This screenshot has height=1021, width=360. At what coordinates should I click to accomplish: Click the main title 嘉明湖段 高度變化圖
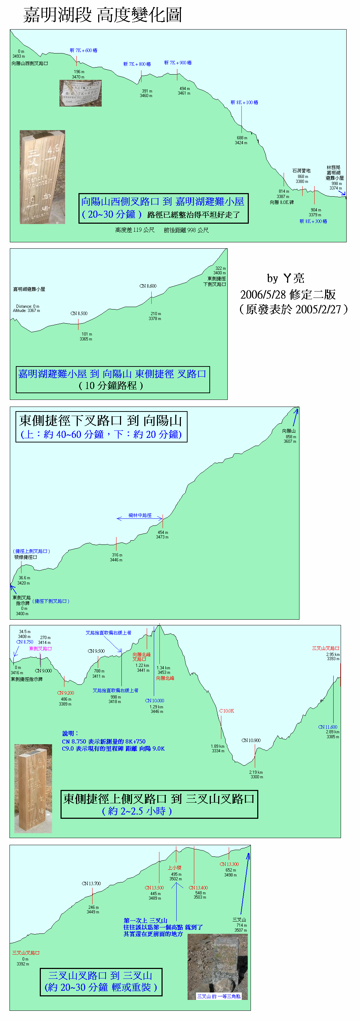[102, 15]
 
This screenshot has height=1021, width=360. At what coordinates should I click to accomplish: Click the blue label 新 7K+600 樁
[83, 50]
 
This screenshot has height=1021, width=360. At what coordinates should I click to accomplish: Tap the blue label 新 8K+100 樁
[244, 102]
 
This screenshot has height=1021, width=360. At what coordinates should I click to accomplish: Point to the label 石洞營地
[301, 171]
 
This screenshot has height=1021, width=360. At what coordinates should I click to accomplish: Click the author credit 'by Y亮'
[285, 278]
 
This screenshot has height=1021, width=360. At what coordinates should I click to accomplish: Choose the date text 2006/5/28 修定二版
[288, 294]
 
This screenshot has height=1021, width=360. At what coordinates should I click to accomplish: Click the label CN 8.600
[148, 286]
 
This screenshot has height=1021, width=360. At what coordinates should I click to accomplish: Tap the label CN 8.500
[79, 313]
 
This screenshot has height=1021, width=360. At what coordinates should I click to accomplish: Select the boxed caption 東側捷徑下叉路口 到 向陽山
[101, 427]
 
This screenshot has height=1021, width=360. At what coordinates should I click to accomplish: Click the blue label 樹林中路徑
[140, 515]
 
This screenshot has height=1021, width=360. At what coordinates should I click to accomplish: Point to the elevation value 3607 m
[290, 441]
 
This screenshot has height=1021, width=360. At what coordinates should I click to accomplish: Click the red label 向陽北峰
[165, 678]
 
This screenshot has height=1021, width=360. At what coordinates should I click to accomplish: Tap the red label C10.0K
[227, 711]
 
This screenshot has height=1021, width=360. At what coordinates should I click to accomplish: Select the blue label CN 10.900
[251, 740]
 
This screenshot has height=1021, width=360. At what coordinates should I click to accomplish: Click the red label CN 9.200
[65, 693]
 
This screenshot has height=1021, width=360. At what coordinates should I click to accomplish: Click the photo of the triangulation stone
[218, 966]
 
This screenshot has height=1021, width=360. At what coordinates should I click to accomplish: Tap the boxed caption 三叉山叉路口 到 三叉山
[101, 981]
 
